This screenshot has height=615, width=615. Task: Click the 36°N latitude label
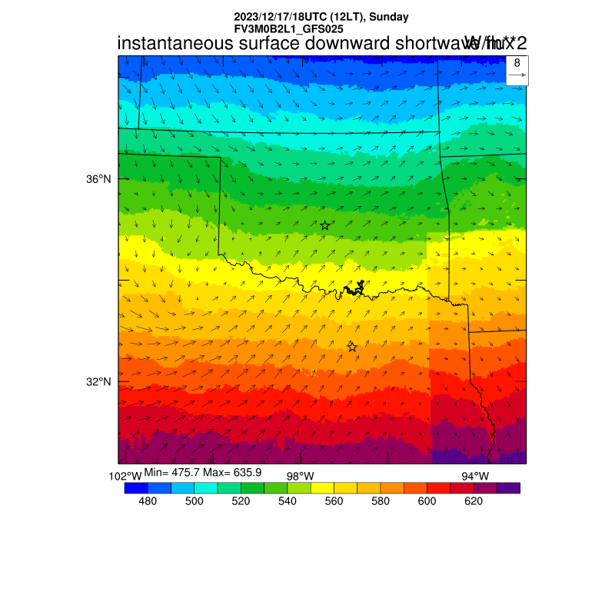[99, 179]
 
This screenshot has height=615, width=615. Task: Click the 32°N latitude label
[99, 382]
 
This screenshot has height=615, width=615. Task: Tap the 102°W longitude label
[125, 477]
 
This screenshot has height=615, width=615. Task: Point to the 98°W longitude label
[300, 477]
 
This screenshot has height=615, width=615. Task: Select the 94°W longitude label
[474, 477]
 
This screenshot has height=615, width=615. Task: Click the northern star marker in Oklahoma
[325, 225]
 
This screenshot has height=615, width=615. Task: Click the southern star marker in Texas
[352, 347]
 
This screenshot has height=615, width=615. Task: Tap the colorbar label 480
[148, 501]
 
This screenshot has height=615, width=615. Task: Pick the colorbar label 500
[194, 501]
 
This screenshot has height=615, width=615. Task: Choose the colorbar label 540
[288, 501]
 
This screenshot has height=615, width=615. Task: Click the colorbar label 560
[334, 501]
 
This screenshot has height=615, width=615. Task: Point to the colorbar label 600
[427, 501]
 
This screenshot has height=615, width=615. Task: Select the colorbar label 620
[474, 501]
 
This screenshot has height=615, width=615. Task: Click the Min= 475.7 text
[170, 472]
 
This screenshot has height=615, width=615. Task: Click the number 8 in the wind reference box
[517, 63]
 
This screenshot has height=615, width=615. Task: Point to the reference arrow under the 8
[517, 75]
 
